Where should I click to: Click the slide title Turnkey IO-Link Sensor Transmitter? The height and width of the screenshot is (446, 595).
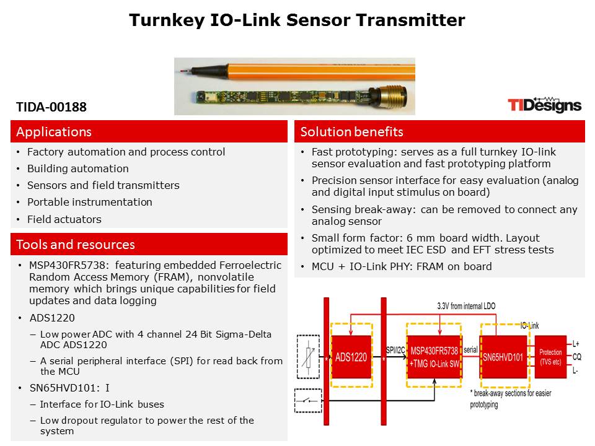coord(297,20)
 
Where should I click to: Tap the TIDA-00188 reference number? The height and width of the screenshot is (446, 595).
coord(51,107)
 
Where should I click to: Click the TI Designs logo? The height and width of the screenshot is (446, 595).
coord(544,105)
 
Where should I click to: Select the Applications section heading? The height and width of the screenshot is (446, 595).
coord(54,131)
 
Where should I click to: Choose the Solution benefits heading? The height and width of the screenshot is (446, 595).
coord(351,131)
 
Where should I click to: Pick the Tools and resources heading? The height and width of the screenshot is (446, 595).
coord(76,244)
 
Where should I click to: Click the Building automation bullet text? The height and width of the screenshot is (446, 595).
coord(78,168)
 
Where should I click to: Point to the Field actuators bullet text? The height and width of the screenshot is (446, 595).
coord(64,219)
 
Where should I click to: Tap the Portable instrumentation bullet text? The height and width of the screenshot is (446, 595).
coord(89,202)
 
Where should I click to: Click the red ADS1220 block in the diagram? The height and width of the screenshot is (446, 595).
coord(351,357)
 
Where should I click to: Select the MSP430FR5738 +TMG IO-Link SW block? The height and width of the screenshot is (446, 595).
coord(434,357)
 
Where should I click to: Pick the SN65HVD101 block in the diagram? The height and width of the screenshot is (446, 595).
coord(503,357)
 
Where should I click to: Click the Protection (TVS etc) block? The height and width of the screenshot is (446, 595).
coord(550,357)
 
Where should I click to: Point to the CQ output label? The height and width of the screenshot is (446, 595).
coord(577,357)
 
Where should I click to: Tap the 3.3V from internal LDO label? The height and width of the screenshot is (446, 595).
coord(466,306)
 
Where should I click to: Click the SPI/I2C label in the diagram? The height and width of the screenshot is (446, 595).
coord(395,350)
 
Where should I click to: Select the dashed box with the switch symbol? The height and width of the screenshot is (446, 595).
coord(308,401)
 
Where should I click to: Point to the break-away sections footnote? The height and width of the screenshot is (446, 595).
coord(510,398)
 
